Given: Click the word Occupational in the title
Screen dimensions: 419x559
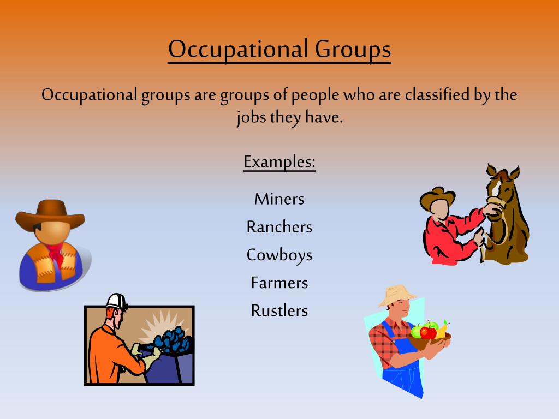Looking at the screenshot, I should coord(238,50).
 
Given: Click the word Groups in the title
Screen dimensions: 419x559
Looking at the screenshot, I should coord(353,50).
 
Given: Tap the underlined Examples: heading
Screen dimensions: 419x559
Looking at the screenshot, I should coord(279,163).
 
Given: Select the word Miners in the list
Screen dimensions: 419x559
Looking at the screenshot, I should coord(279,199).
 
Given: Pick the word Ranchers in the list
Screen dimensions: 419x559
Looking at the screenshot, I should coord(279,226).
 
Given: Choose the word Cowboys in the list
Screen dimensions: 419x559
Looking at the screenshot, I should coord(279,255).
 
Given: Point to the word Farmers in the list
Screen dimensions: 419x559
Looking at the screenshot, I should coord(279,283).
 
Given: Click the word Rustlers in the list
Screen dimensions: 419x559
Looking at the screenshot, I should coord(279,311).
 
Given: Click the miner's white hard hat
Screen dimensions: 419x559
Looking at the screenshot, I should coord(116,302).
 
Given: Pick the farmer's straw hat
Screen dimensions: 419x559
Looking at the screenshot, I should coord(397,295).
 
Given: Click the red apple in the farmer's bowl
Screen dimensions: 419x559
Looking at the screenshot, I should coord(429,332).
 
